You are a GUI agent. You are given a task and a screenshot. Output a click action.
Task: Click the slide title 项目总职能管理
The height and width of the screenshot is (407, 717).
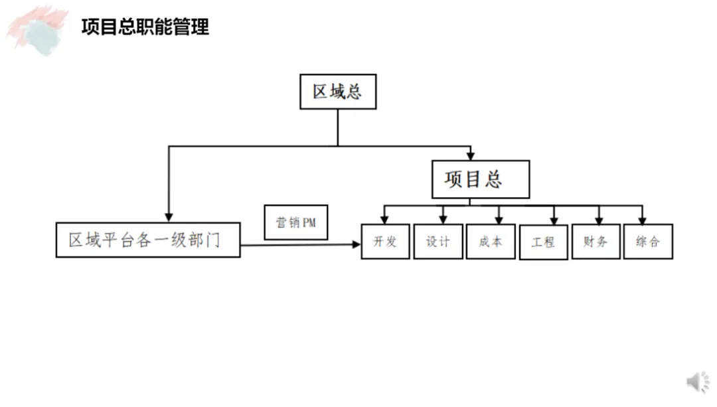coord(145,27)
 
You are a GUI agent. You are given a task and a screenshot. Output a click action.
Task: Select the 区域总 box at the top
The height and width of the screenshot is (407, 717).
coord(338,92)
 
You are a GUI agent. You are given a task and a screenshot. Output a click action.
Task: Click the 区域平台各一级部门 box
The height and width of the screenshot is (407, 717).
coord(148,240)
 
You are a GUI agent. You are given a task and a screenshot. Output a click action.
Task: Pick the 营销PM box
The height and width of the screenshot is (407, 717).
coord(296,222)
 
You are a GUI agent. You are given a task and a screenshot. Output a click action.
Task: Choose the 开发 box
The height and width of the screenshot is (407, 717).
coord(385,242)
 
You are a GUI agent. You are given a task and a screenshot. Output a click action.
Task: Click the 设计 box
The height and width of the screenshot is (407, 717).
coord(438,242)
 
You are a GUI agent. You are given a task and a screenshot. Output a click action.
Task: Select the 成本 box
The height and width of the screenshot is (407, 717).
coord(491,242)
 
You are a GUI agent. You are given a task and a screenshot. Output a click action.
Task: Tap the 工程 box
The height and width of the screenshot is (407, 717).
coord(543,243)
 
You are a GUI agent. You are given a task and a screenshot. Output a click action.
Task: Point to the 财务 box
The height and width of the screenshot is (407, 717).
coord(596,242)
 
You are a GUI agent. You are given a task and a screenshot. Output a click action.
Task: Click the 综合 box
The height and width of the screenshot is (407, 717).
coord(648,242)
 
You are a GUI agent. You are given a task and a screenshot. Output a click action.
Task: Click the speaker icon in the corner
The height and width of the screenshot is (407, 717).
coord(697,382)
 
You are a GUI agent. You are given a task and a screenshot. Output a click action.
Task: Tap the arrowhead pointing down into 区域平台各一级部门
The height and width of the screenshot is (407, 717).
coord(169,217)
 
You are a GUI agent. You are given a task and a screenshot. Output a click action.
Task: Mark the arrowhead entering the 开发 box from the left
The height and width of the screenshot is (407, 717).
coord(356,245)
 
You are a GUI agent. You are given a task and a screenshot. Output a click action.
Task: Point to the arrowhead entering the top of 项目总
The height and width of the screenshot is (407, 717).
coord(471,156)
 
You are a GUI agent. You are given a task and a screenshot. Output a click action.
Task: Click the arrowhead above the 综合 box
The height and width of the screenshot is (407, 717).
coord(642,220)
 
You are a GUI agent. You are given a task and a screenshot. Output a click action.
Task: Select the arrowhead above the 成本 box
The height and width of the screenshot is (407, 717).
coord(499,220)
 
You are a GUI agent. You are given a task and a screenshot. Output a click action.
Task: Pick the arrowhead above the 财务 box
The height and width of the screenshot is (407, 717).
coord(599,220)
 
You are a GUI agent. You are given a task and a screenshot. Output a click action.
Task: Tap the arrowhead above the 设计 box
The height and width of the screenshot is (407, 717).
coord(443,220)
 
